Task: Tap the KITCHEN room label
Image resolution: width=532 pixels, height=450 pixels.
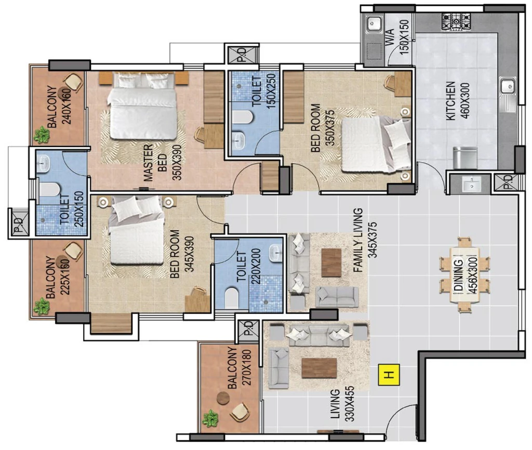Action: click(450, 101)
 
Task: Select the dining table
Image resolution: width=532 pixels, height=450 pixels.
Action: click(464, 275)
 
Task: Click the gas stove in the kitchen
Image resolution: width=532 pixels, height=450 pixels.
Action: click(456, 21)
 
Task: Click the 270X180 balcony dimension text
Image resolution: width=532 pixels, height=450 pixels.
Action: click(247, 367)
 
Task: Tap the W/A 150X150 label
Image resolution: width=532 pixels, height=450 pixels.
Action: click(397, 37)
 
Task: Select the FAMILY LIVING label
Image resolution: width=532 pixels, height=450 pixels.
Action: click(358, 240)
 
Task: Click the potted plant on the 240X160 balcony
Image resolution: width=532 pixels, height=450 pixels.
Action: click(42, 135)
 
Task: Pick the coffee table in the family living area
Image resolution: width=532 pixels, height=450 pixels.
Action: click(331, 262)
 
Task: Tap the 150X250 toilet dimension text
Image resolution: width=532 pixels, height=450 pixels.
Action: click(271, 91)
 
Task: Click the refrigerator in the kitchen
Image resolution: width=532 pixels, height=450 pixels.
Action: click(465, 157)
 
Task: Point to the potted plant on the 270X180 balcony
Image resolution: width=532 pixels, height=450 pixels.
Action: click(210, 418)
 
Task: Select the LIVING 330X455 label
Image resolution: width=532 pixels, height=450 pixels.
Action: click(342, 404)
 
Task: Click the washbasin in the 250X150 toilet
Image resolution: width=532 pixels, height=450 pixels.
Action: click(43, 163)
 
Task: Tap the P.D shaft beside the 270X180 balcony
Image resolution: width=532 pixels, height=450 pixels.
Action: click(249, 328)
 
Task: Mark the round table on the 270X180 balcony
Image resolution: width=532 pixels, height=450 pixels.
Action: click(223, 398)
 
